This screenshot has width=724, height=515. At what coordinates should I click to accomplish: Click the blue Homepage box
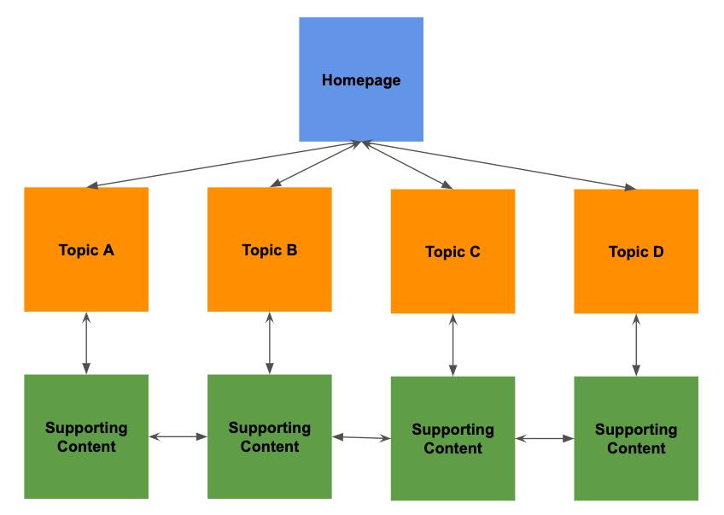361,79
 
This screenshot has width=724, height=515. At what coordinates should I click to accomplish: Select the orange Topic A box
86,249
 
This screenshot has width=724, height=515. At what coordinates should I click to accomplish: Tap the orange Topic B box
270,249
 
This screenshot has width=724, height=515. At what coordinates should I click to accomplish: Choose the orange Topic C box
452,251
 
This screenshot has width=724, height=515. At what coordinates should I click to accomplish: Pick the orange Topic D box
636,251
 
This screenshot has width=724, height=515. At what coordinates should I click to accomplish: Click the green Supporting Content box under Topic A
86,436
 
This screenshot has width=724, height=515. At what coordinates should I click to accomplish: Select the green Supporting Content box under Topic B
270,436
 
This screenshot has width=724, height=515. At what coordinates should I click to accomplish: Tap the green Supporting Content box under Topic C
452,438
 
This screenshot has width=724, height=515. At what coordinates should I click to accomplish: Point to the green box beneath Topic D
636,438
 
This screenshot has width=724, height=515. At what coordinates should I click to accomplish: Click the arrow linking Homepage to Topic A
226,165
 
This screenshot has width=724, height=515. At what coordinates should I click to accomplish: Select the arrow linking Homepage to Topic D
499,165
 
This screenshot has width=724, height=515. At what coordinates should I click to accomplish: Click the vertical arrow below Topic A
86,342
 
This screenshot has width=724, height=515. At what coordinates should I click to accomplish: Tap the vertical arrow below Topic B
270,342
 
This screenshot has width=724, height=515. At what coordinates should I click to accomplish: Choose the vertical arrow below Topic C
452,345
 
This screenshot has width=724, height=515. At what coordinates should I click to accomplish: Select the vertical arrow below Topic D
636,345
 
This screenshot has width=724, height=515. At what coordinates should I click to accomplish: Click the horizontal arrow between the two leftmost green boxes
178,436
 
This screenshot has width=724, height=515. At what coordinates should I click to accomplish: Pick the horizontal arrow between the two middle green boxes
361,437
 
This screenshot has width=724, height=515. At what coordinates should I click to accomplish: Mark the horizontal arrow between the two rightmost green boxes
545,439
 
